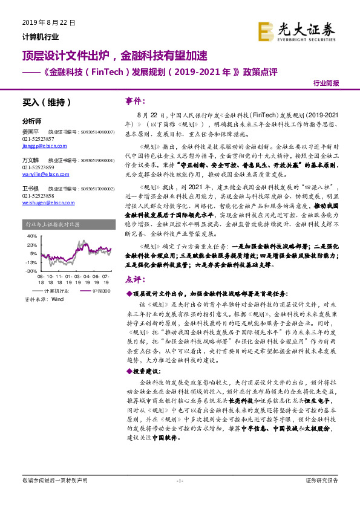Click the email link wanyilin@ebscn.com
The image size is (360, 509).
(41, 173)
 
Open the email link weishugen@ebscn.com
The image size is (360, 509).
(44, 203)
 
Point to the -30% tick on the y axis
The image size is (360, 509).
(31, 271)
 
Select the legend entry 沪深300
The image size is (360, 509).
(99, 291)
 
